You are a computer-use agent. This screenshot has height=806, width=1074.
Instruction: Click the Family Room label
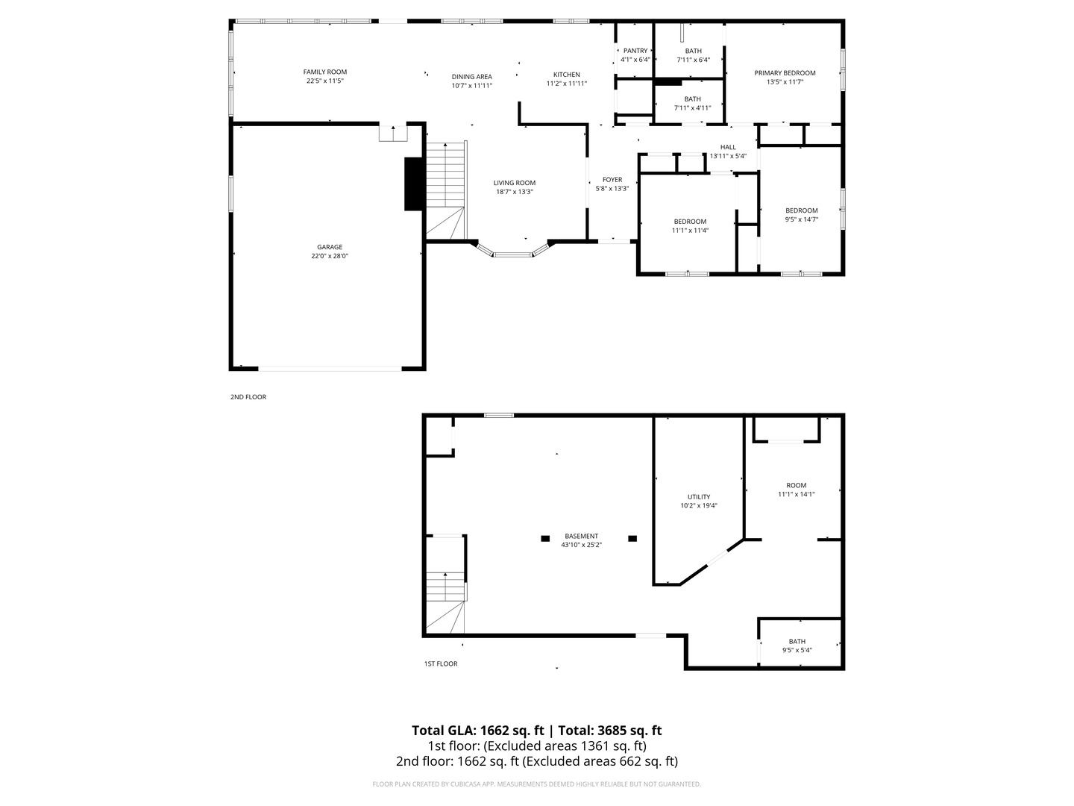pos(324,72)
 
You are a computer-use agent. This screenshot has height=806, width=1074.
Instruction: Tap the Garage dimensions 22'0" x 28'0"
pos(330,256)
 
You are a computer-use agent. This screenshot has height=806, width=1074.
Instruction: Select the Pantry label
pos(635,51)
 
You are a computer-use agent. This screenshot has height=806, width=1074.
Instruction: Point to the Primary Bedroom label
pos(785,73)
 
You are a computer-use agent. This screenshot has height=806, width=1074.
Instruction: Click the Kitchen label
pos(566,75)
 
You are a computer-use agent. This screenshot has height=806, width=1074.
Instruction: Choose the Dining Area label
pos(471,77)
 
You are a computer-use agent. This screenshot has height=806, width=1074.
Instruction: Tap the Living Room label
pos(514,183)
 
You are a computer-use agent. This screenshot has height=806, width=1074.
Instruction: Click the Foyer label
pos(612,180)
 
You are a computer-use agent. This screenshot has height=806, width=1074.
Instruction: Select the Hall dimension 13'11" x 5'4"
pos(728,156)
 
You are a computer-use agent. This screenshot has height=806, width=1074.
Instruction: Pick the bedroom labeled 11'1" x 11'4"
pos(690,225)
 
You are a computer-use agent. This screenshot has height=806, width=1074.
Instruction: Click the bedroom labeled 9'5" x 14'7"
pos(801,215)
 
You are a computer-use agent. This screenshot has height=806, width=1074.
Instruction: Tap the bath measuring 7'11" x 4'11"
pos(692,104)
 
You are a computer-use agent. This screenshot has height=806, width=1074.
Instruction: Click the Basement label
pos(581,536)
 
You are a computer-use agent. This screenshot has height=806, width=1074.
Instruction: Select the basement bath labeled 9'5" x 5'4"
pos(797,646)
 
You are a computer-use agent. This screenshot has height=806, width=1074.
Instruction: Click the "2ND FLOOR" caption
pos(248,397)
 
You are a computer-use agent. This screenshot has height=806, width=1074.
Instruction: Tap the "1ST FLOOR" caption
pos(440,663)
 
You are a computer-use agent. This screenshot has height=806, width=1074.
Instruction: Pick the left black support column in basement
pos(545,537)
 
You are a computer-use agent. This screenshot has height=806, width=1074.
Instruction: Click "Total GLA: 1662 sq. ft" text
pos(479,731)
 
